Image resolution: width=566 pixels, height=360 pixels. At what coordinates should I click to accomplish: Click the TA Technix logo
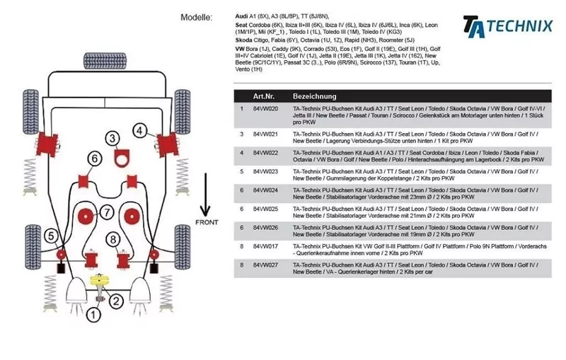pos(507,25)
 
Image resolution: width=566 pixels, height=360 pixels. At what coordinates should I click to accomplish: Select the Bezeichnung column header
pos(314,96)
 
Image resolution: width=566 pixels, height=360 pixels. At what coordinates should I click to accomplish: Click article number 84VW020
pos(265,109)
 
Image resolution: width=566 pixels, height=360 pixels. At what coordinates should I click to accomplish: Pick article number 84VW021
pos(265,134)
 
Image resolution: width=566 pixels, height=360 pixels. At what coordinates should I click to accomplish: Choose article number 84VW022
pos(265,152)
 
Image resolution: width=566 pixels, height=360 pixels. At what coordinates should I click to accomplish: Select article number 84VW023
pos(265,171)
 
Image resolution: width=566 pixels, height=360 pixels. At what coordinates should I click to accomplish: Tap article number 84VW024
pos(265,190)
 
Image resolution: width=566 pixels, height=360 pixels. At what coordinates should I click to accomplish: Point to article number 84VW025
pos(265,209)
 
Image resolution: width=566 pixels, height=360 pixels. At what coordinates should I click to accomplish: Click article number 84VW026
pos(265,228)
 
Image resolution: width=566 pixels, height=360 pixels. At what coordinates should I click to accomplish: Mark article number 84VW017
pos(265,247)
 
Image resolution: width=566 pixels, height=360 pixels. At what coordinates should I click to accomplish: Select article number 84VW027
pos(265,265)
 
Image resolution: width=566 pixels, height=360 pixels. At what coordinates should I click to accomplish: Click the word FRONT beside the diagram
pos(205,223)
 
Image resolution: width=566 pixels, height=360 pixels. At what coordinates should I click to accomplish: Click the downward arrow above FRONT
pos(205,194)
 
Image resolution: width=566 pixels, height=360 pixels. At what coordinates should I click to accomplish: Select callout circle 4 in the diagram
pos(140,130)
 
